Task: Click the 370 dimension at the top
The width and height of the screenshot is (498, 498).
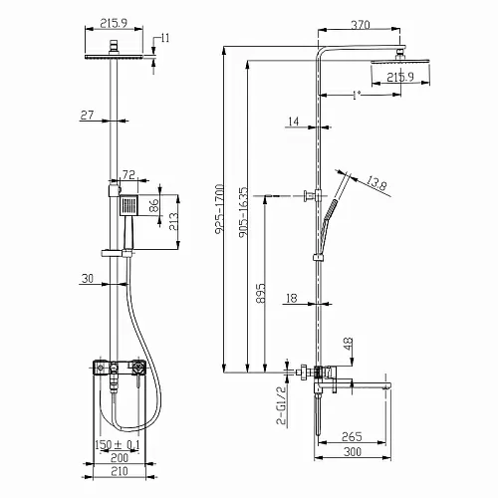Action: [x=361, y=24]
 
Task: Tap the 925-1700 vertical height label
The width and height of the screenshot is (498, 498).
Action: [x=219, y=210]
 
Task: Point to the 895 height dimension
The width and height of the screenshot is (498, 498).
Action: [x=261, y=293]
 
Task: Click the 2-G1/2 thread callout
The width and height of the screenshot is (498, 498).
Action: [x=281, y=405]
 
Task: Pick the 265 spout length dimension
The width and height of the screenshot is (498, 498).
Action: [x=352, y=436]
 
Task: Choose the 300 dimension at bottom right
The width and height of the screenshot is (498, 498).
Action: [x=353, y=452]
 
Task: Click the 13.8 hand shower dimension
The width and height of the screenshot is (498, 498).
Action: [x=376, y=183]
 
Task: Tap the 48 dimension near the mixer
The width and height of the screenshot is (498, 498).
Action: [x=349, y=344]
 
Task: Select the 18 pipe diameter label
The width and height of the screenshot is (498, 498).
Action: [x=292, y=298]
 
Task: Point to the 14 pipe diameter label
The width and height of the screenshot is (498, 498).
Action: [x=293, y=122]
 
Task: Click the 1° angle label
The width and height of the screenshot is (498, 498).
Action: [x=357, y=96]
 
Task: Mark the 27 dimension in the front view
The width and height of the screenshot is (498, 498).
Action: [x=87, y=116]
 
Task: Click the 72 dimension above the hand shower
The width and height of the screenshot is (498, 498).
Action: [x=128, y=174]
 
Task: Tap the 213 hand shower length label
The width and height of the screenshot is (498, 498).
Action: [x=173, y=222]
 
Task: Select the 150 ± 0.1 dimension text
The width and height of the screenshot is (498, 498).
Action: [x=118, y=444]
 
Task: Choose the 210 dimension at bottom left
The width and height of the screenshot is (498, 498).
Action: [x=120, y=471]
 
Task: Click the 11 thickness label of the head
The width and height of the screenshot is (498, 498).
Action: [x=165, y=38]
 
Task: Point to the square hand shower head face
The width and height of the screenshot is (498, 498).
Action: [x=127, y=205]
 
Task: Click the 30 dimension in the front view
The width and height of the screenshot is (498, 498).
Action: [x=88, y=279]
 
